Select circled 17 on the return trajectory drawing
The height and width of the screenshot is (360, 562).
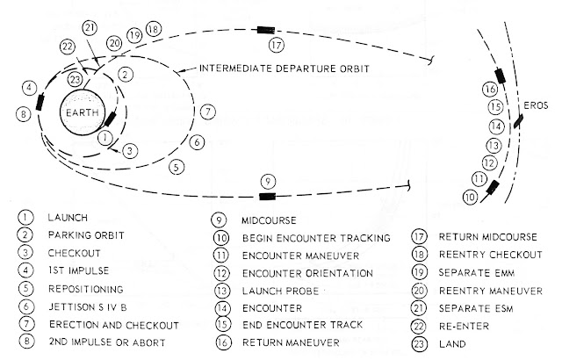pos(277,44)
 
